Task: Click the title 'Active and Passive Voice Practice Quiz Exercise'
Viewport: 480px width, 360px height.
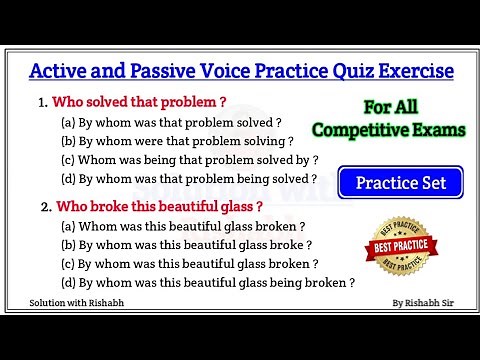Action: pos(240,72)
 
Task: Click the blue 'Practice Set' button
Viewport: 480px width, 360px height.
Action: pos(414,183)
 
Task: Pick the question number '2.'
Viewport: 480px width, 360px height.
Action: pos(43,207)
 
